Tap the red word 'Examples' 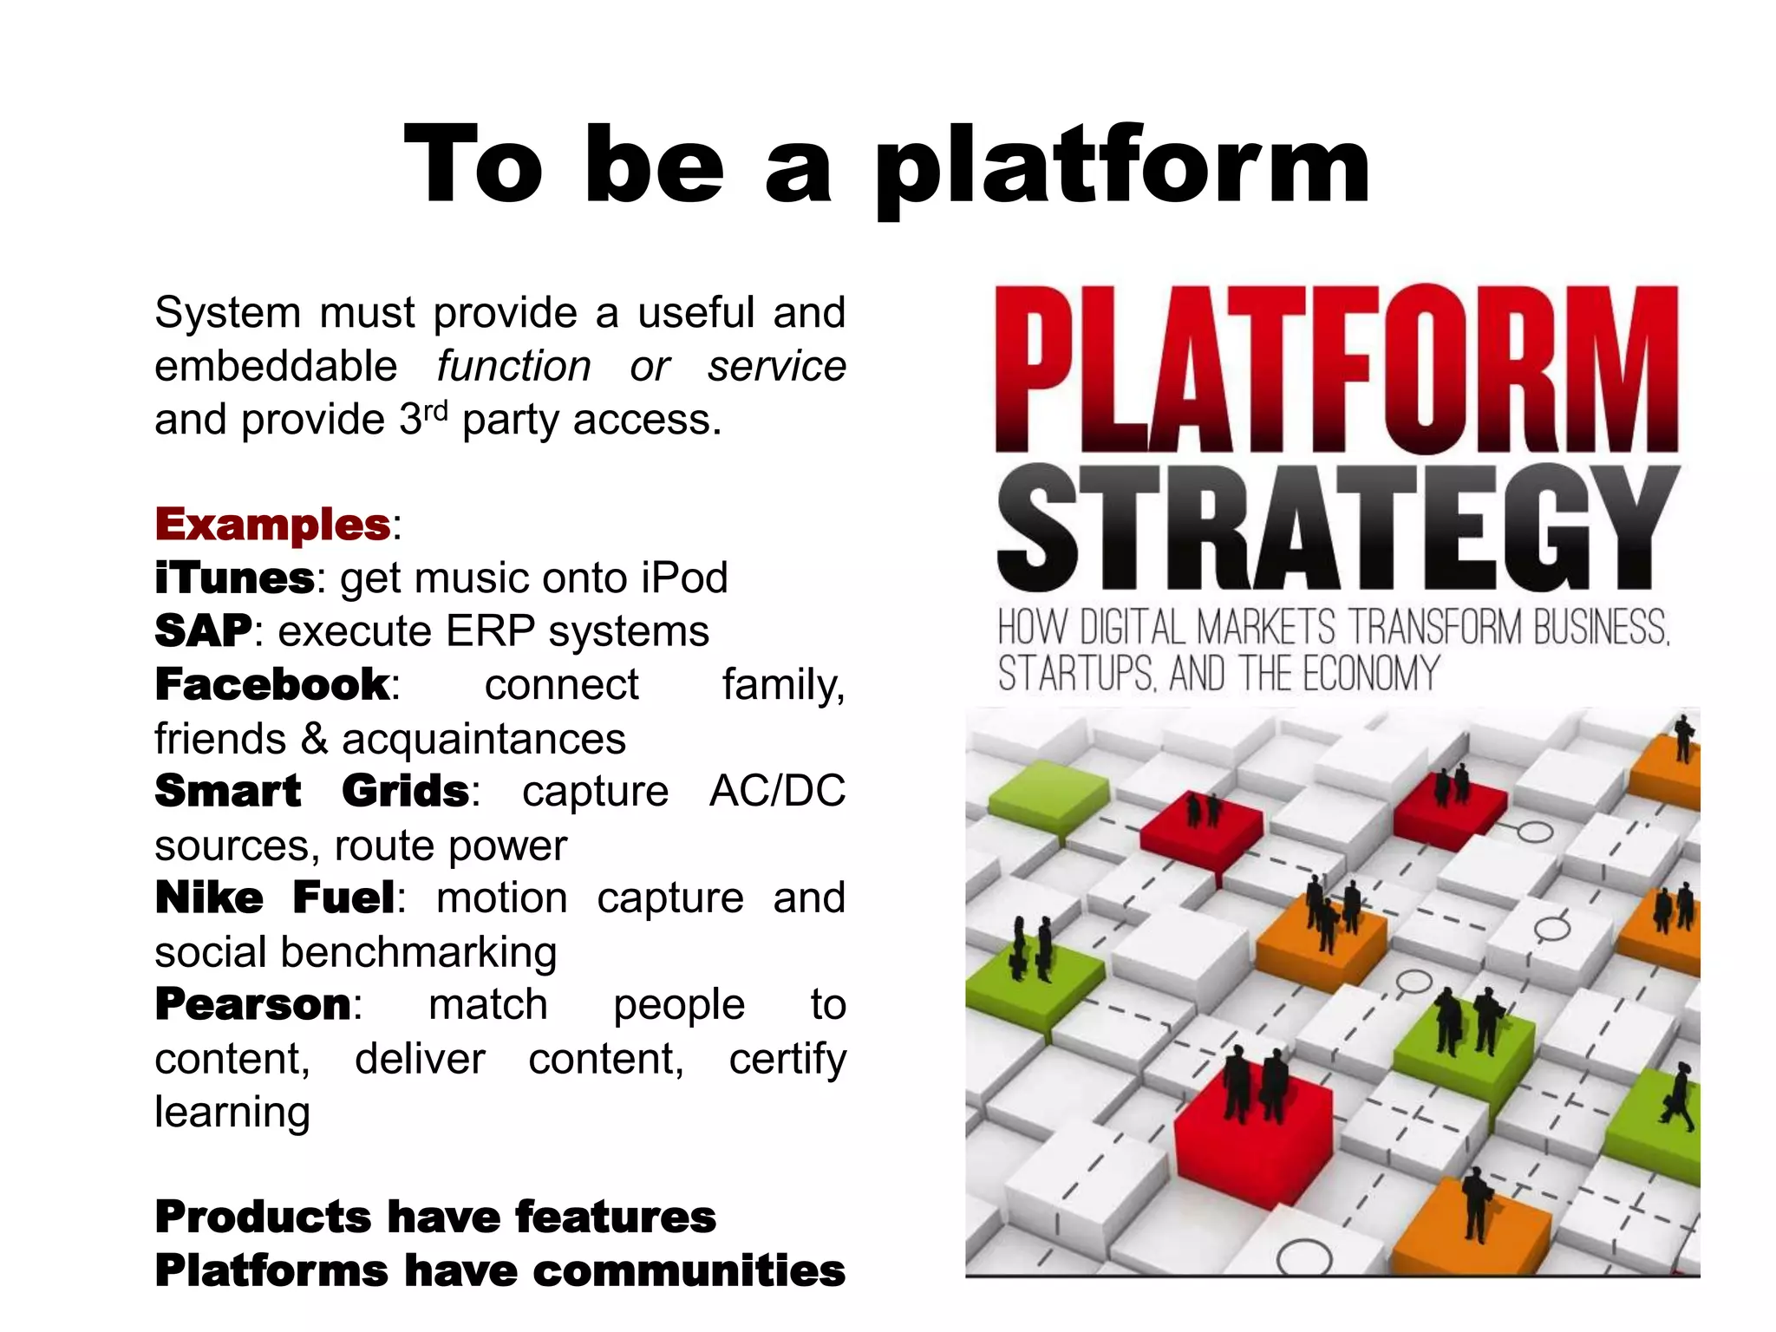(x=273, y=525)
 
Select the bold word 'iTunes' (x=234, y=578)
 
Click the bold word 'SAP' (x=203, y=631)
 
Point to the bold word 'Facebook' (x=272, y=685)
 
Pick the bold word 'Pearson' (x=253, y=1005)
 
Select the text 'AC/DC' (x=777, y=792)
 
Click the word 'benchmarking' (x=418, y=952)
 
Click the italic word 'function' (x=513, y=366)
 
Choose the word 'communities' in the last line (x=689, y=1271)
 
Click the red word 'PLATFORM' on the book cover (x=1336, y=369)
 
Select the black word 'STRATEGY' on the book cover (x=1336, y=527)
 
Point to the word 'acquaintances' (x=483, y=739)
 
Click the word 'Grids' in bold (x=405, y=792)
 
